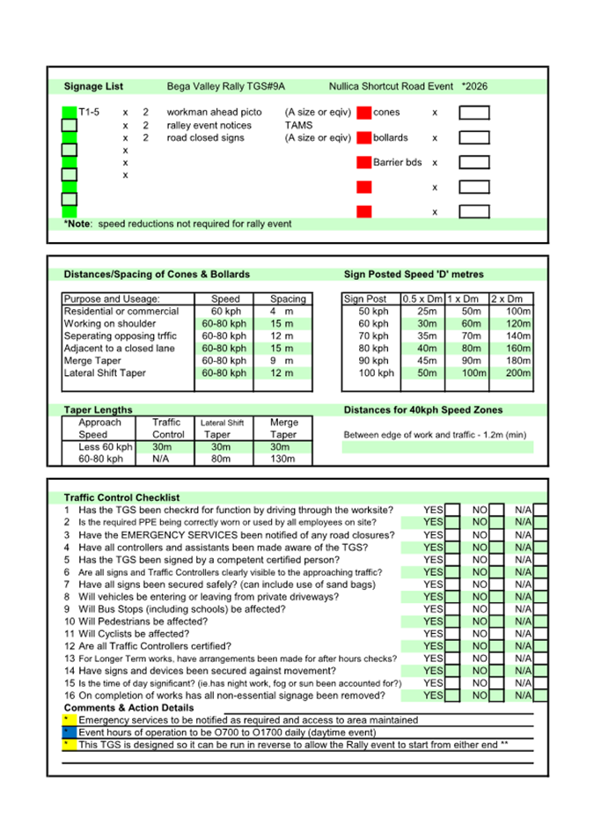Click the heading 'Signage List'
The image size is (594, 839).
(x=93, y=87)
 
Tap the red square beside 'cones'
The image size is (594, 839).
(x=363, y=113)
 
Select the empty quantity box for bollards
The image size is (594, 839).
(x=474, y=138)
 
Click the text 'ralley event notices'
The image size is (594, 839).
(x=209, y=126)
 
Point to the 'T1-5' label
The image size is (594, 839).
(x=89, y=113)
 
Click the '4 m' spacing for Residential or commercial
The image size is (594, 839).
(x=282, y=312)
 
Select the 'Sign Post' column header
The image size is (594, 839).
(x=365, y=299)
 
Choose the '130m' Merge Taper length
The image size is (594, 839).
(x=282, y=459)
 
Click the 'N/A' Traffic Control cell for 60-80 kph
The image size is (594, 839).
(x=168, y=459)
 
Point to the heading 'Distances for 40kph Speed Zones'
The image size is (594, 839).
(x=423, y=410)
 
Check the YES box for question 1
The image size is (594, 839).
(x=452, y=510)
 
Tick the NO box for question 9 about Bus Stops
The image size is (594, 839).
(x=496, y=608)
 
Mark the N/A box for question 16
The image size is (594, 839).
(x=540, y=695)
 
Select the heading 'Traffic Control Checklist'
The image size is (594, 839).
(x=121, y=497)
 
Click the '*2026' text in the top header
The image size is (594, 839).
(x=476, y=87)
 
